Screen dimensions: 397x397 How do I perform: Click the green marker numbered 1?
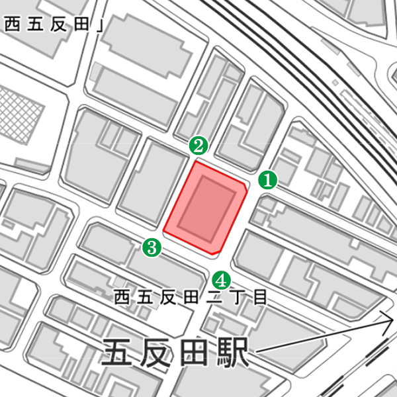point(267,179)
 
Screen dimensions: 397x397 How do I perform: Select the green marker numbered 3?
point(152,248)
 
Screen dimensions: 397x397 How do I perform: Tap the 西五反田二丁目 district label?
point(190,297)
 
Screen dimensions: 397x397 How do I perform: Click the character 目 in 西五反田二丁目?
point(260,297)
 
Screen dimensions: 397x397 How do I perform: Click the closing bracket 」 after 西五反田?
point(100,25)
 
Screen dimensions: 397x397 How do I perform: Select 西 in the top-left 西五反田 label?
point(11,25)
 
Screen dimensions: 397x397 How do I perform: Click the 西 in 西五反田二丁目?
point(121,297)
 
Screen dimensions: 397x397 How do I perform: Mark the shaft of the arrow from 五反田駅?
point(318,337)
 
